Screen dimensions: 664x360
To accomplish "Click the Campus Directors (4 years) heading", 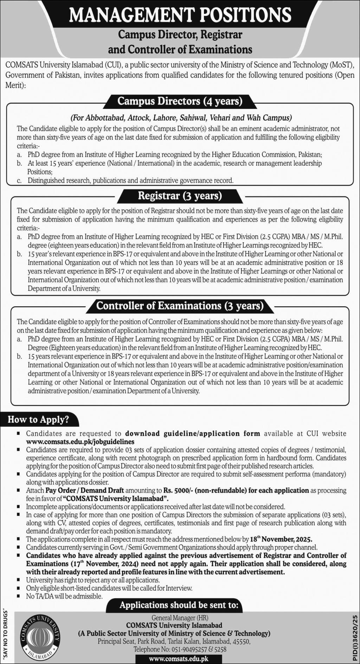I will (x=180, y=102).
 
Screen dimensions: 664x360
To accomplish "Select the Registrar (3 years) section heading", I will (x=180, y=196).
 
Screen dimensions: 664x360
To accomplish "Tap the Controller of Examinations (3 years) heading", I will (x=180, y=306).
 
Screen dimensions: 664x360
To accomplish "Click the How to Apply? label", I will (x=38, y=419).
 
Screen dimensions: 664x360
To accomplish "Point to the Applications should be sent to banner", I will (x=179, y=605).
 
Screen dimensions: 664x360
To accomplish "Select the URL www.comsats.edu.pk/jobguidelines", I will (x=80, y=441).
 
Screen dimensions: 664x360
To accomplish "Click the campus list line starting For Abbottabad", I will (x=181, y=117).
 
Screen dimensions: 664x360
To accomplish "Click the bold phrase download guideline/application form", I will (x=193, y=433).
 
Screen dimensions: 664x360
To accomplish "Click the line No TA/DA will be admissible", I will (x=64, y=596).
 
